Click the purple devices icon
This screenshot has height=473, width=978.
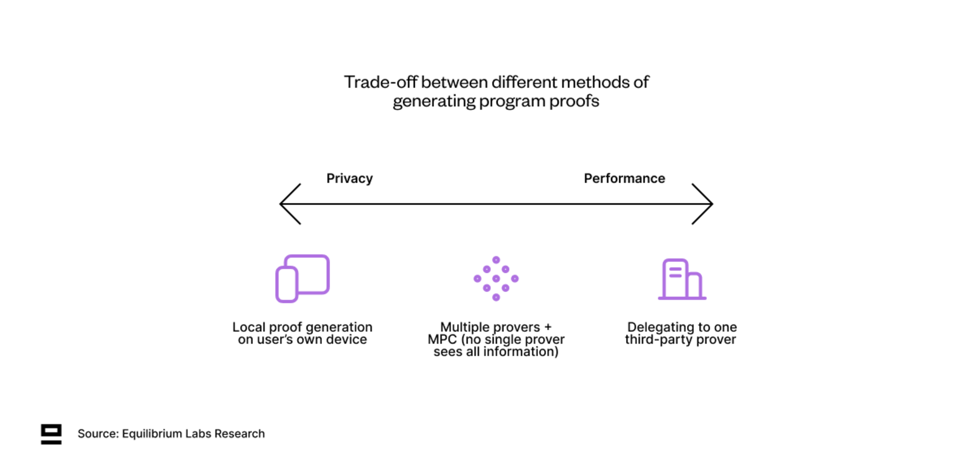303,279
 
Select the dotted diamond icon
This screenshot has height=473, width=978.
496,279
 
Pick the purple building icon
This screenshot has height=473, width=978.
682,279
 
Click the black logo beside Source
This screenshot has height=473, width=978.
51,434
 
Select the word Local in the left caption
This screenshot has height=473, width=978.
249,327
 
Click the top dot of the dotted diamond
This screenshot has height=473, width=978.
496,260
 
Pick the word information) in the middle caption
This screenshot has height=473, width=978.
521,351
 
